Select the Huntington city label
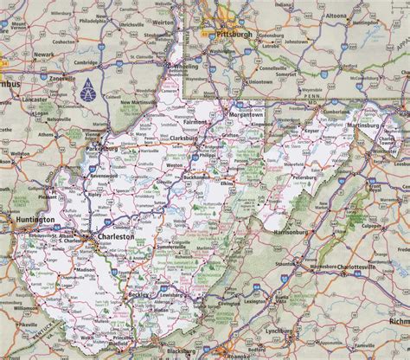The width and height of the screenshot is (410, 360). [32, 223]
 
